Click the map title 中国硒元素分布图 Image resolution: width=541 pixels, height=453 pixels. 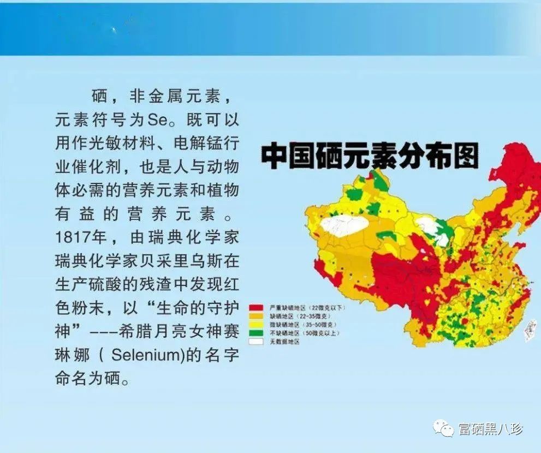(x=370, y=156)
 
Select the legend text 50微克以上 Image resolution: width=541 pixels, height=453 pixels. (x=319, y=333)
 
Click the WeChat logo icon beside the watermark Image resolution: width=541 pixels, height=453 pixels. (x=443, y=429)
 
